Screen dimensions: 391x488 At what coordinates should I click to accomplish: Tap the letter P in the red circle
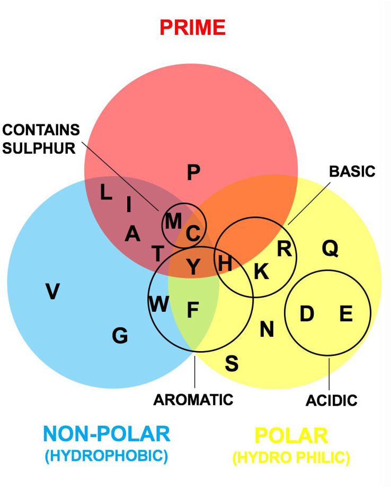pos(194,173)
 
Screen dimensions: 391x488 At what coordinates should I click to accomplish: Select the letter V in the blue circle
pos(52,291)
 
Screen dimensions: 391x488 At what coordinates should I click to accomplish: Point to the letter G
pos(120,335)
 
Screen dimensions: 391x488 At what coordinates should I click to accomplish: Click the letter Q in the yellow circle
pos(330,248)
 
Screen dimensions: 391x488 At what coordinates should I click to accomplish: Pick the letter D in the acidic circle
pos(307,314)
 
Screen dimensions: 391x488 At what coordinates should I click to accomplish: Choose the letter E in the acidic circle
pos(346,314)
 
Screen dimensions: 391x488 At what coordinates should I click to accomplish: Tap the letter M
pos(173,221)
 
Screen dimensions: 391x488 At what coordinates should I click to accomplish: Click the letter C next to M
pos(193,232)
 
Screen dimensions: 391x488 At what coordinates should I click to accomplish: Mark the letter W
pos(158,304)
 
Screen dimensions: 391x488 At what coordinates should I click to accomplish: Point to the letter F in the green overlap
pos(193,310)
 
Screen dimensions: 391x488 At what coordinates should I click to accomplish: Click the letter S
pos(232,364)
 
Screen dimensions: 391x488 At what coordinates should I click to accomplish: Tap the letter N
pos(266,330)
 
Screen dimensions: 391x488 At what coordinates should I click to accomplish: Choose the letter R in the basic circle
pos(285,248)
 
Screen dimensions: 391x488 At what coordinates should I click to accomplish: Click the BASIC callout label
pos(352,171)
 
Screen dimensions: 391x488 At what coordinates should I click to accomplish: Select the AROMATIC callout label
pos(193,399)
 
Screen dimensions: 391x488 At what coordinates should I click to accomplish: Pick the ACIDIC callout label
pos(332,400)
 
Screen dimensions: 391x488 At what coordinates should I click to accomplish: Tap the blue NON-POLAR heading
pos(108,434)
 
